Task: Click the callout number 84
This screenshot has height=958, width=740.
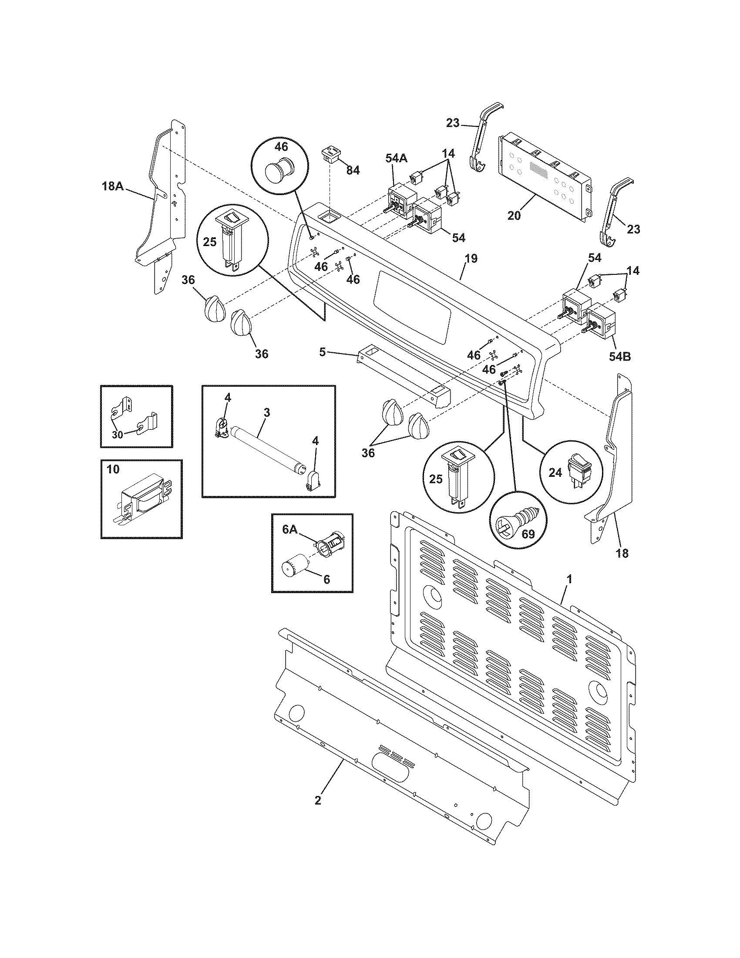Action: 353,170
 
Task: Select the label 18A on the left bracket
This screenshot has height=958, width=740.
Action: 112,186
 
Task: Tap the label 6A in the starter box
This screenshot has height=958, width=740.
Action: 290,530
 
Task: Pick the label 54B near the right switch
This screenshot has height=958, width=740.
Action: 619,357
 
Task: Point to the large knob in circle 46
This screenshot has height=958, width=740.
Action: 280,168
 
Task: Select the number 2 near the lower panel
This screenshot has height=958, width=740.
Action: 317,800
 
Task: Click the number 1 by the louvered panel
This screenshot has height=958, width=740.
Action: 569,580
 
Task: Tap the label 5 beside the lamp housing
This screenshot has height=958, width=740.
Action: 323,352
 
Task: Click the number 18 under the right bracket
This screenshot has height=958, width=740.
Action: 622,553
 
